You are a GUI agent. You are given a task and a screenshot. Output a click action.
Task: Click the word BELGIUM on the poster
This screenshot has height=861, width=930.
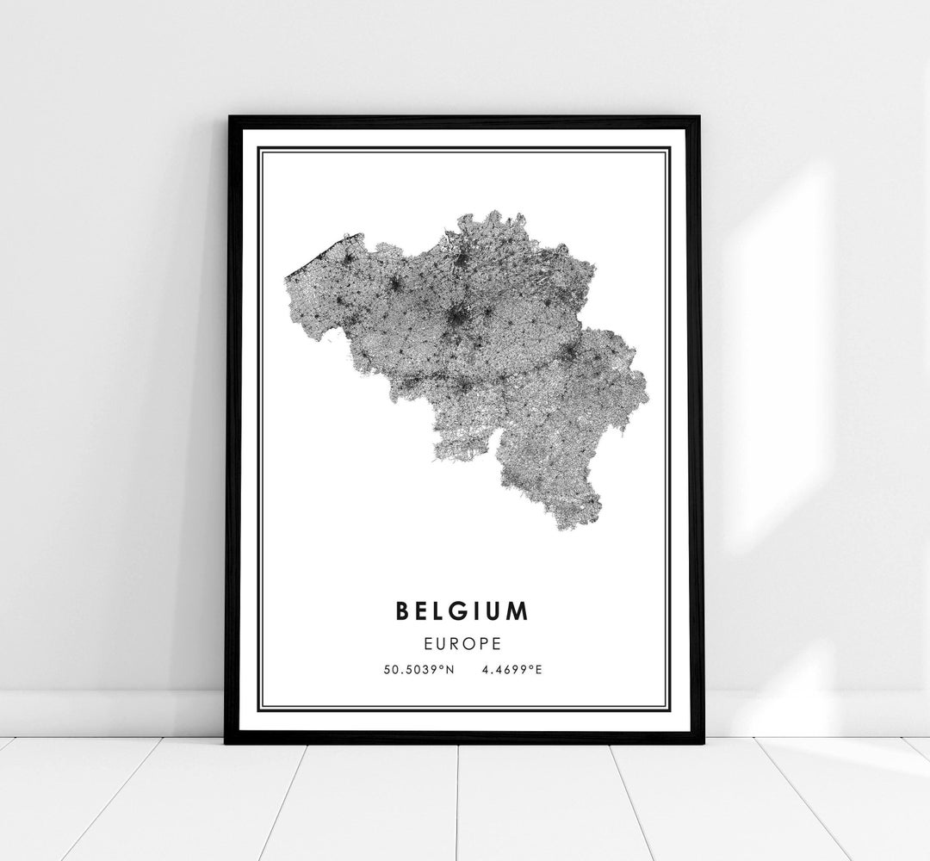tap(462, 611)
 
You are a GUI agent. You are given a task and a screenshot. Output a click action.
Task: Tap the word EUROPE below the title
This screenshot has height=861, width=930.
tap(463, 642)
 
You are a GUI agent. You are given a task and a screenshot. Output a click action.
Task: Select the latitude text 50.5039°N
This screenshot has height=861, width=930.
tap(419, 669)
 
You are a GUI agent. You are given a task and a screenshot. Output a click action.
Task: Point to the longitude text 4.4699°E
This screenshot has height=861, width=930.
tap(512, 669)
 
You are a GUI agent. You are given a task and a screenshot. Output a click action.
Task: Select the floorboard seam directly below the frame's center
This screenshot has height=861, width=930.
tap(458, 801)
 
